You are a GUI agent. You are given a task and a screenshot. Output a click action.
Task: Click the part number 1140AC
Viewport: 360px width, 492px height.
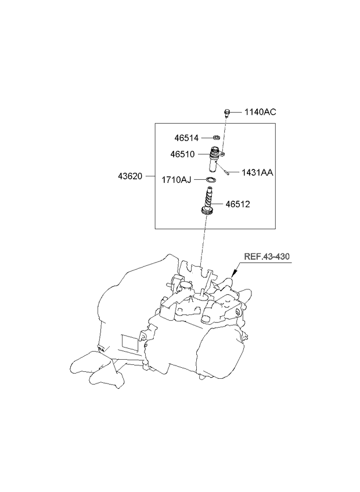[x=260, y=112]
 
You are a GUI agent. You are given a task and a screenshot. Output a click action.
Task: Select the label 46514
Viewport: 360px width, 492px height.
[x=186, y=138]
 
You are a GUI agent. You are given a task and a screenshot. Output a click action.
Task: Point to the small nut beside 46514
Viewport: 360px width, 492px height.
[x=215, y=138]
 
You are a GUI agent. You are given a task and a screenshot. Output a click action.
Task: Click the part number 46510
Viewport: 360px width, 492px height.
[x=182, y=154]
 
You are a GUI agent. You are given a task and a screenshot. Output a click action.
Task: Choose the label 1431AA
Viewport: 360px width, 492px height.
[x=257, y=172]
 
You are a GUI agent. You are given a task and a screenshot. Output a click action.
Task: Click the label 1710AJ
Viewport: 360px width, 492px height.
[x=176, y=180]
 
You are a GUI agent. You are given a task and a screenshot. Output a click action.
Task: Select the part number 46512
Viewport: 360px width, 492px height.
[x=254, y=204]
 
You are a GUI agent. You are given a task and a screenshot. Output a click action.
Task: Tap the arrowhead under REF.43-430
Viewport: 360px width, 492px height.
[x=235, y=273]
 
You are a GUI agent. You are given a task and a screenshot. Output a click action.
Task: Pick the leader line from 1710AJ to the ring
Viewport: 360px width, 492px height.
[x=200, y=180]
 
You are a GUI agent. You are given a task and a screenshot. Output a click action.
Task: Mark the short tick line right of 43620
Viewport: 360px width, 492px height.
[x=149, y=176]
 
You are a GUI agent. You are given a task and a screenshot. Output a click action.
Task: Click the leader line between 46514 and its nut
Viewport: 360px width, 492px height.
[x=206, y=138]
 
